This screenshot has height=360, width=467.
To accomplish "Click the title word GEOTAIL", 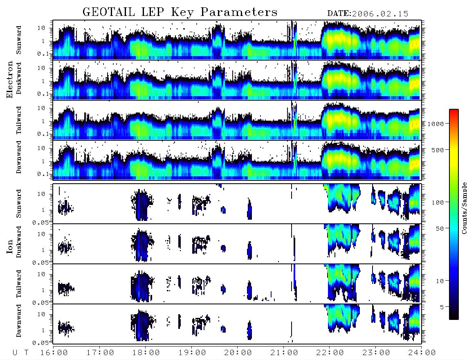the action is [x=108, y=12].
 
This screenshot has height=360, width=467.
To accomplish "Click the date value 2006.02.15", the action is [x=380, y=14].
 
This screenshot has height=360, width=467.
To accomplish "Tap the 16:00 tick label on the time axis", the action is [x=54, y=353].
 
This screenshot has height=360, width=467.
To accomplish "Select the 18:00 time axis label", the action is [x=146, y=353].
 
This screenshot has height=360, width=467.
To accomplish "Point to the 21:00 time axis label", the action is [x=284, y=353].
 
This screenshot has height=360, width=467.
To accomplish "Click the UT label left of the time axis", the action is [x=20, y=353].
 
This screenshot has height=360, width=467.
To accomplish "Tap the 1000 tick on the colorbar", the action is [x=436, y=124].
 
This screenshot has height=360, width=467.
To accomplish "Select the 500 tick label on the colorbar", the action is [x=438, y=150].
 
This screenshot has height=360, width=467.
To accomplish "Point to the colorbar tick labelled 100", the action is [x=438, y=202].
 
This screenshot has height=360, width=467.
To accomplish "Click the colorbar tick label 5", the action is [x=442, y=307].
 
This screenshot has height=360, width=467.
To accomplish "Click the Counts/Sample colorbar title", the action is [x=464, y=208].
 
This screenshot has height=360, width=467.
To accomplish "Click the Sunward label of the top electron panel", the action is [x=19, y=40].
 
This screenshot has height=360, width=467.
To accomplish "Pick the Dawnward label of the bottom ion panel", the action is [x=19, y=320].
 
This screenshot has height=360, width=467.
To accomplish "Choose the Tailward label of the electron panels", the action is [x=19, y=120].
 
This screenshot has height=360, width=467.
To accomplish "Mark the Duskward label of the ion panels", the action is [x=19, y=242].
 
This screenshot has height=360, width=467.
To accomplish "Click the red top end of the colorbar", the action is [x=454, y=111].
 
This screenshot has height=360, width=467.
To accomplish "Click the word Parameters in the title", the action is [x=239, y=12].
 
